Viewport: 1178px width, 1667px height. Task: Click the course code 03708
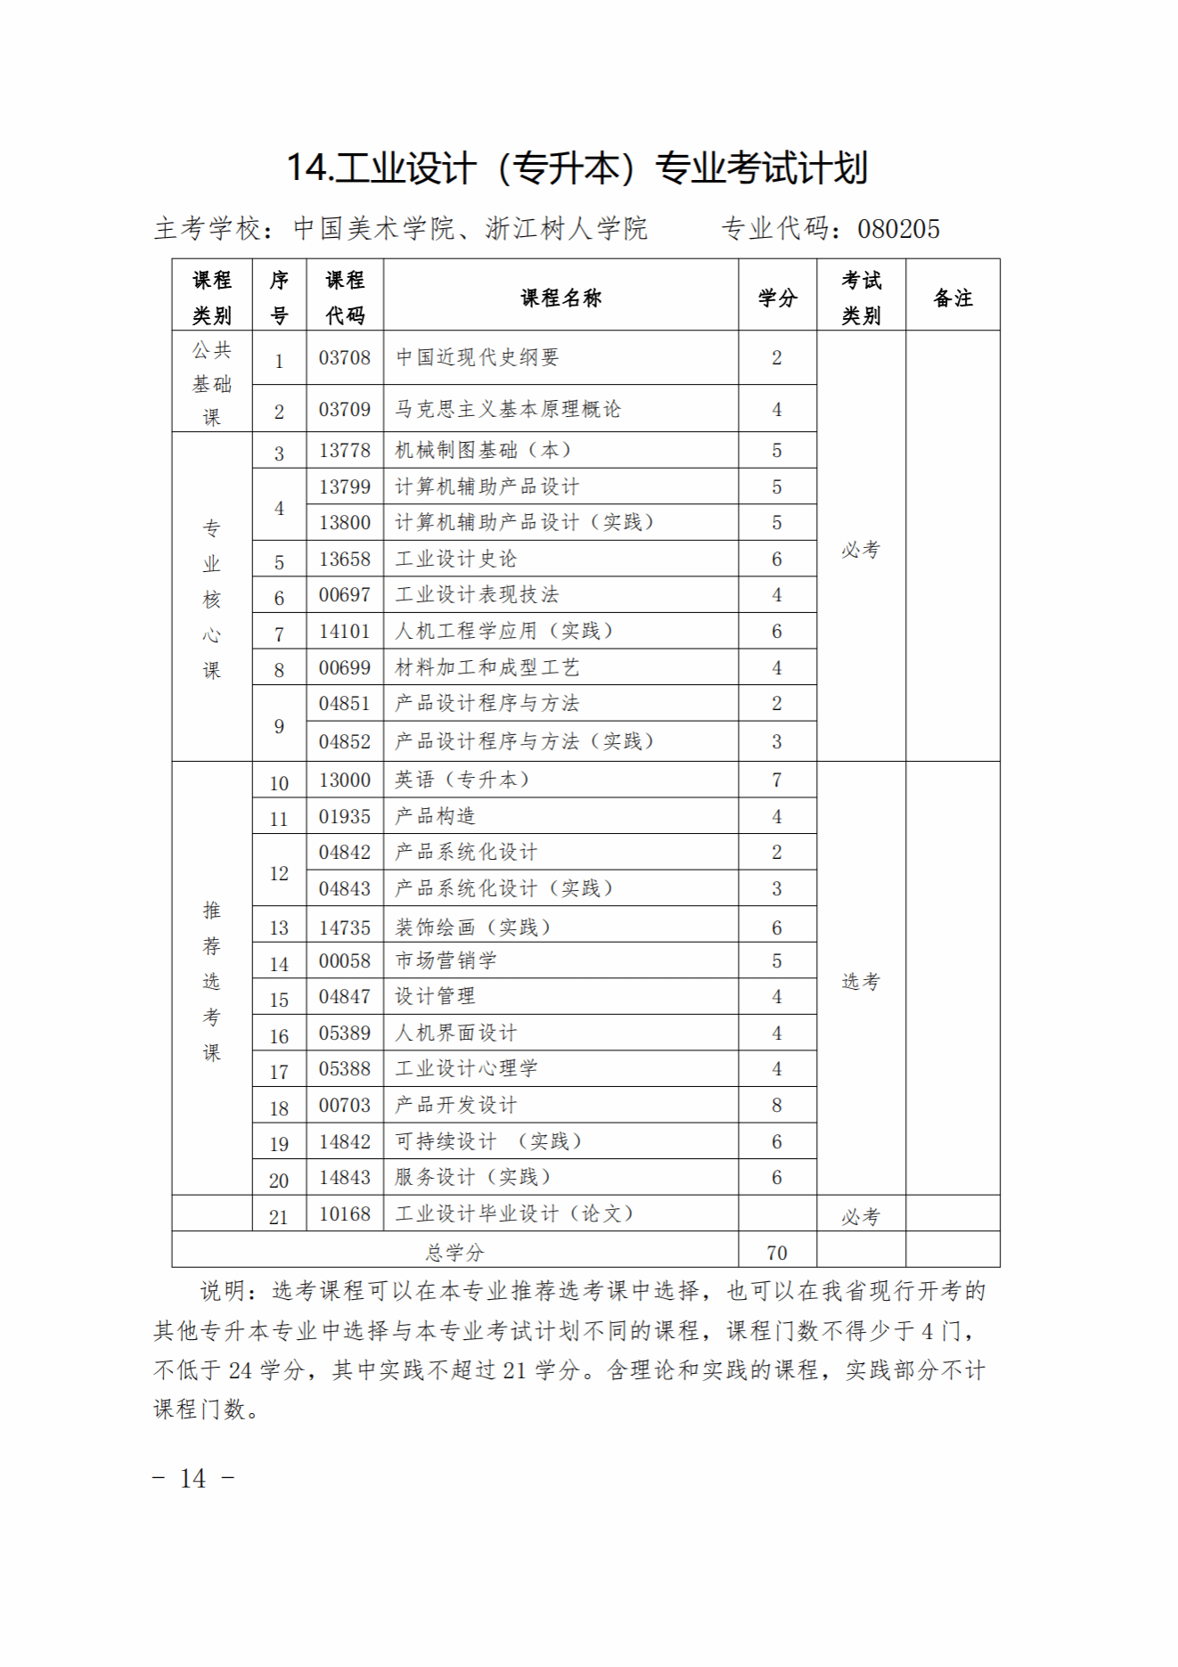point(344,358)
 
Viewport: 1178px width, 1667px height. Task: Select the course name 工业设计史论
point(455,560)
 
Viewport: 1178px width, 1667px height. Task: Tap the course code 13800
point(344,523)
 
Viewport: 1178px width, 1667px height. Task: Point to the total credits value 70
point(776,1253)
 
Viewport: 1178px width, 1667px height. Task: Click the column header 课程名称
point(560,298)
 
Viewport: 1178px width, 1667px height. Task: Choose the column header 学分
point(777,298)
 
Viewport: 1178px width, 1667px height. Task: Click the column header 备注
point(953,298)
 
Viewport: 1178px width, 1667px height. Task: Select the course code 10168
point(344,1213)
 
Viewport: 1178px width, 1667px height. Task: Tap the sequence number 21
point(279,1217)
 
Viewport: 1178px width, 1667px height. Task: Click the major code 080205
point(898,230)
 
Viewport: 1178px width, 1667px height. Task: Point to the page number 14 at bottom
point(193,1479)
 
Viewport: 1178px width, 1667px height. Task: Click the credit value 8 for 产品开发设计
point(776,1106)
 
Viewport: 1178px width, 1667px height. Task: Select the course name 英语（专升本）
point(462,780)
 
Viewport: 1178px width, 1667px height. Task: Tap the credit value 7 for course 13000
point(776,780)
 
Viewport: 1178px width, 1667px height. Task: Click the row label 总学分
point(454,1253)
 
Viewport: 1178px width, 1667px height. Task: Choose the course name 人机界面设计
point(455,1034)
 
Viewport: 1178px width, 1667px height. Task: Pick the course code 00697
point(344,595)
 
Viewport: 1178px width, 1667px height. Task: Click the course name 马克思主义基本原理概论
point(508,410)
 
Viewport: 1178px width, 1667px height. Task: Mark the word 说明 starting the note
point(223,1291)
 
